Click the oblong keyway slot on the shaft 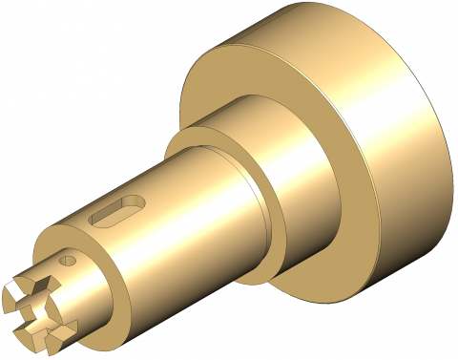tap(115, 211)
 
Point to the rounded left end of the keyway tap(97, 220)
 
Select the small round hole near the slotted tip tap(67, 260)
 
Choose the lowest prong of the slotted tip tap(33, 333)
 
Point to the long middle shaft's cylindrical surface tap(172, 220)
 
